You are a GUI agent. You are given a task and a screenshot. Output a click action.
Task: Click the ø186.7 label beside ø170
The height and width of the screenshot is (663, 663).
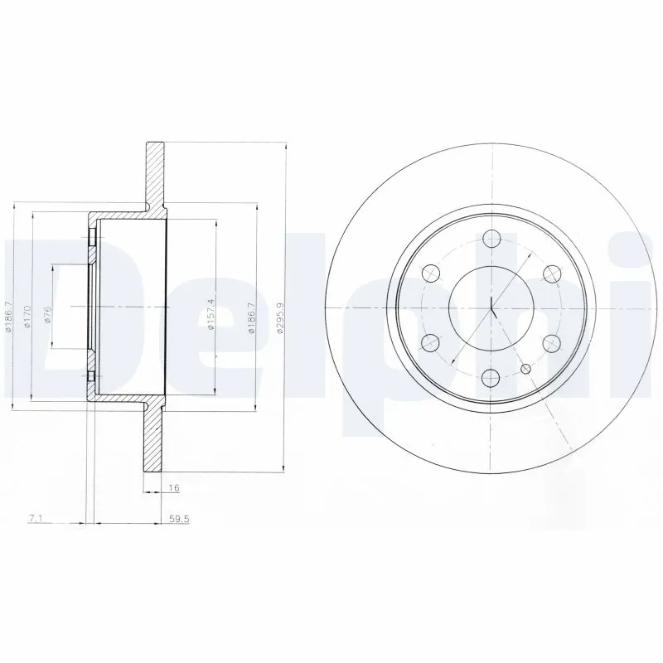point(9,317)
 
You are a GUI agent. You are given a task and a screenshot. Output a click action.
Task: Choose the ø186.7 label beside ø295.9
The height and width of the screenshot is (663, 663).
point(250,317)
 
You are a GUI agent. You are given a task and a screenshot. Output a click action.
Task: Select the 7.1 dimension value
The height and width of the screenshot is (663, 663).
point(35,519)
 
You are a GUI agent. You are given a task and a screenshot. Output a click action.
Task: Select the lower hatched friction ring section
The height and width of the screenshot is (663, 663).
point(155,439)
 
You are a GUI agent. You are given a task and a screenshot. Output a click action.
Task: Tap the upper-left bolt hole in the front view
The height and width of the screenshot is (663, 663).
point(430,273)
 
